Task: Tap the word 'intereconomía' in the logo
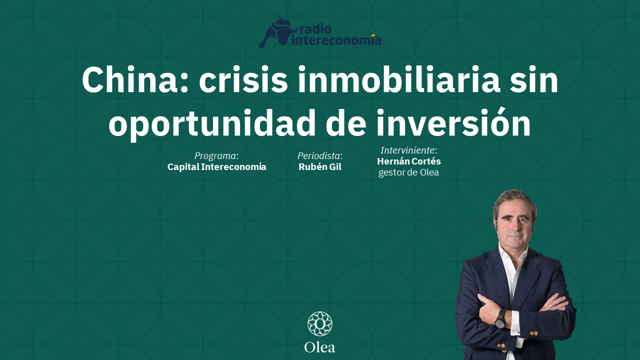[336, 40]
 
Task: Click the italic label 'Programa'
[215, 155]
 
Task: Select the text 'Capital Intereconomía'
[217, 167]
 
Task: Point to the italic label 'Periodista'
[319, 155]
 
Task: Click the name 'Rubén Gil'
[320, 167]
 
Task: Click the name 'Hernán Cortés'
[409, 161]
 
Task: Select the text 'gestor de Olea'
[409, 173]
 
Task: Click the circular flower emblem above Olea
[320, 324]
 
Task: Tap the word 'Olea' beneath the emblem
[320, 347]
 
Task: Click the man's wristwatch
[500, 319]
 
